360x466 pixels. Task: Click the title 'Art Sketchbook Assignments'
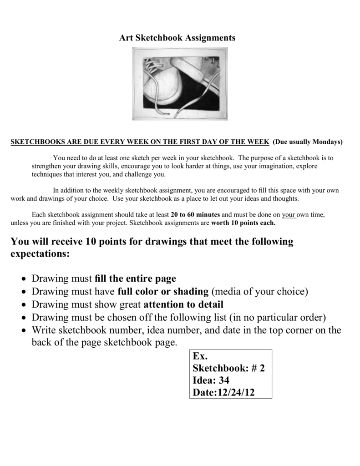[177, 38]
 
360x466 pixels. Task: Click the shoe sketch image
[180, 84]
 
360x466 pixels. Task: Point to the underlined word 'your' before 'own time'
[289, 214]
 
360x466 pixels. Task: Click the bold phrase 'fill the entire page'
[135, 279]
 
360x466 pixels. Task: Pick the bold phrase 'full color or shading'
[163, 291]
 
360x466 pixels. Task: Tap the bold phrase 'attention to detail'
[184, 304]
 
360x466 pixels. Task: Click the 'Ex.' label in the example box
[200, 356]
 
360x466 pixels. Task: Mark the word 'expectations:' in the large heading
[40, 254]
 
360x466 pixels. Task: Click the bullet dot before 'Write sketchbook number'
[23, 331]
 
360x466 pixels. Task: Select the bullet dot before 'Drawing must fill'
[23, 279]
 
